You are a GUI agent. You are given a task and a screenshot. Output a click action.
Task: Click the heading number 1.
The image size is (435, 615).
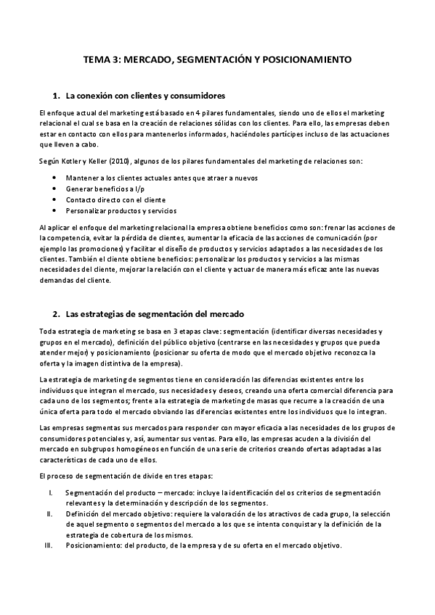tap(56, 96)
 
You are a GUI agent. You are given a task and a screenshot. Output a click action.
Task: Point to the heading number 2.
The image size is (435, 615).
tap(56, 314)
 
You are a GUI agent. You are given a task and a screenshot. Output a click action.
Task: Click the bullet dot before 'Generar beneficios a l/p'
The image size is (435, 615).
tap(57, 189)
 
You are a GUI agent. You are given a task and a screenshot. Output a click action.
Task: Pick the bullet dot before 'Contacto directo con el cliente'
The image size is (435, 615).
tap(57, 199)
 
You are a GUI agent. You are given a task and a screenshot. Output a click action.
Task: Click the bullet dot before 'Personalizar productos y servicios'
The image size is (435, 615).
tap(57, 210)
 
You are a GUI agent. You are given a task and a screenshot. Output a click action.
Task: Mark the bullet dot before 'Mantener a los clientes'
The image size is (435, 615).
tap(57, 178)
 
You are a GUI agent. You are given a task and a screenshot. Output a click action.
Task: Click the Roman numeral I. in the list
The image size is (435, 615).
tap(49, 493)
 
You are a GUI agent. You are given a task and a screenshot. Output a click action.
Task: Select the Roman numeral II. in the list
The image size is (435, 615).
tap(49, 514)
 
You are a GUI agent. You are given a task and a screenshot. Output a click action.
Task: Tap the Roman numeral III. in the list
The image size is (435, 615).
tap(48, 545)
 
